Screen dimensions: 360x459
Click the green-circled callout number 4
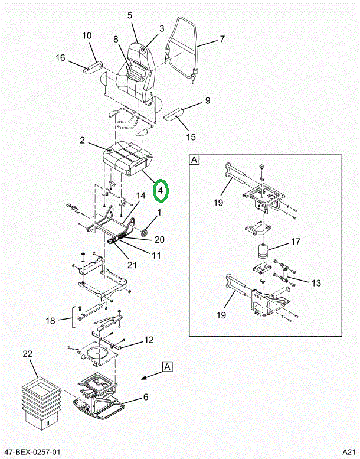161,191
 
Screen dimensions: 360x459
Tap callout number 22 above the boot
28,354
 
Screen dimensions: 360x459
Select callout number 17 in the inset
296,242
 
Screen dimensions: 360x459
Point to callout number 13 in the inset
316,283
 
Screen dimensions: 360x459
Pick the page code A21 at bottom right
349,452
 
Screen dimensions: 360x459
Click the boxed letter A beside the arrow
167,366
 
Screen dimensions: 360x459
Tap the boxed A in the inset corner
195,160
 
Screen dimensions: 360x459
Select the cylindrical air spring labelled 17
264,251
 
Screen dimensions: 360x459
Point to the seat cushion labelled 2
128,158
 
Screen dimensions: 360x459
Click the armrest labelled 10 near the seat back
92,66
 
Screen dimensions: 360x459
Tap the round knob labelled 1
145,233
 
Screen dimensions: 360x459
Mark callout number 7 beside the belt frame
222,38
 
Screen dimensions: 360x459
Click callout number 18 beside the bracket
50,321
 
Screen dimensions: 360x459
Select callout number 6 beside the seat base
146,397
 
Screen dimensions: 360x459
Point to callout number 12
149,340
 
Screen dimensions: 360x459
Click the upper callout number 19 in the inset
218,203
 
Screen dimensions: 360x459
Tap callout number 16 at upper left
60,57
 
